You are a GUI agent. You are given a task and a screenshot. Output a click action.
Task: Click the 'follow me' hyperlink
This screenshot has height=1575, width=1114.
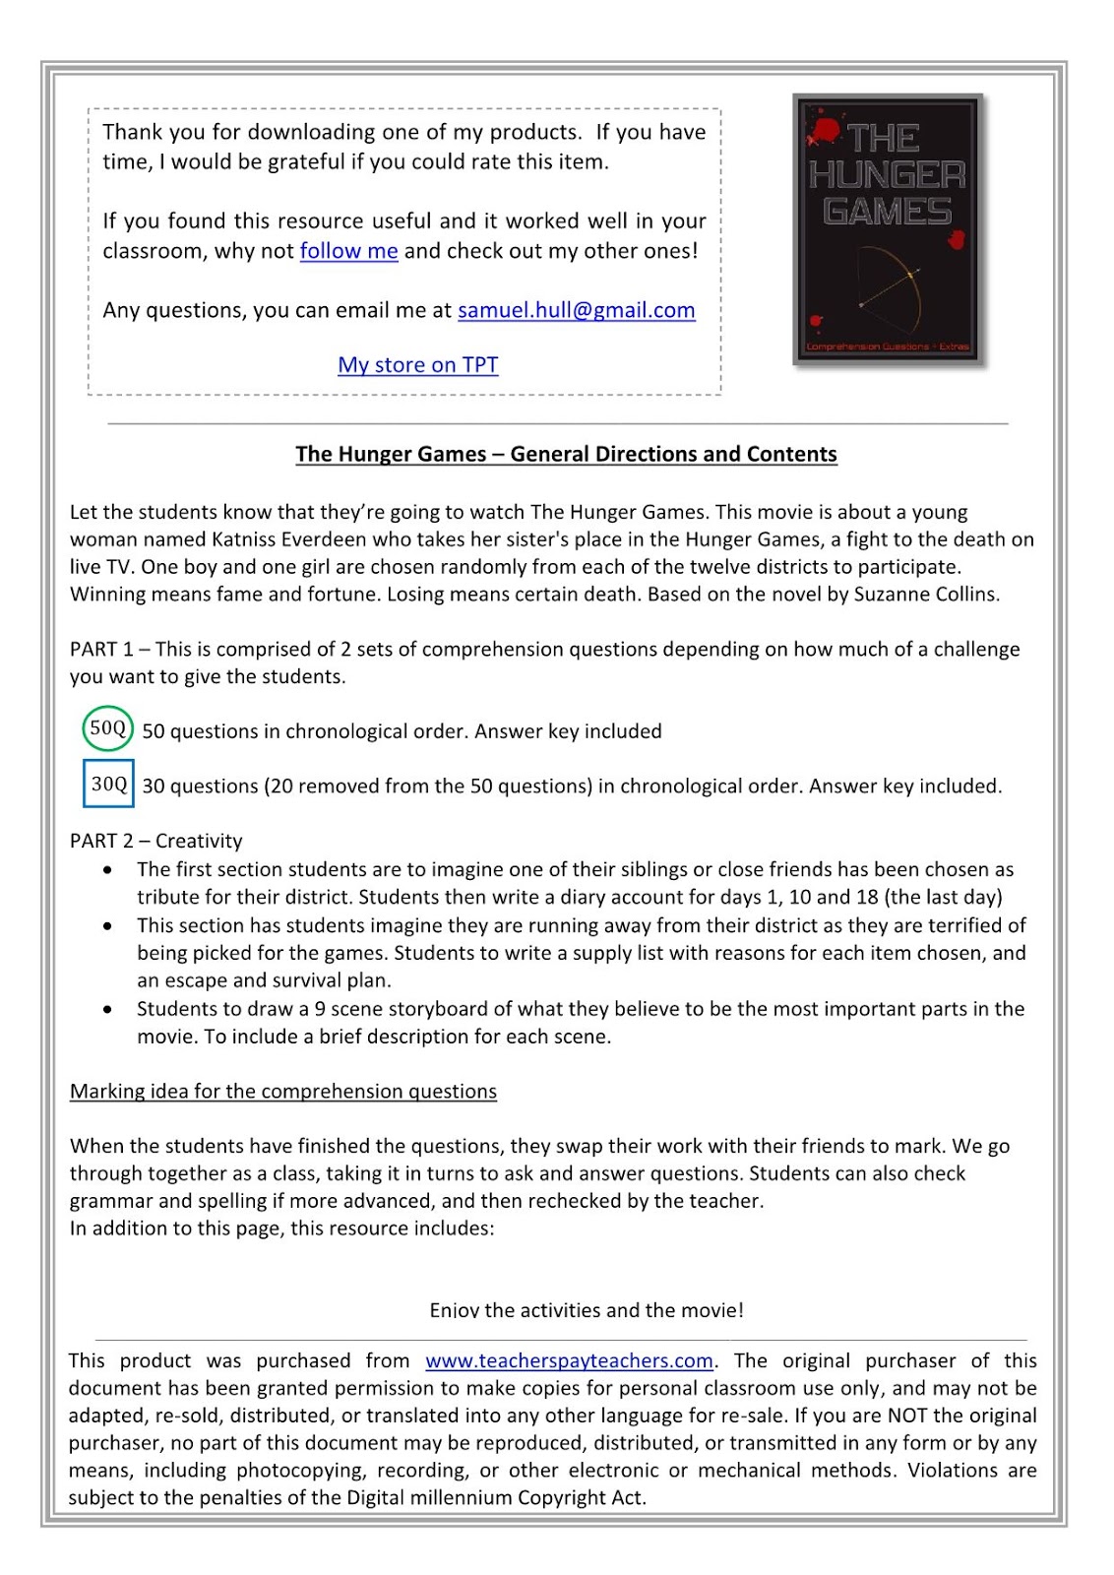click(348, 251)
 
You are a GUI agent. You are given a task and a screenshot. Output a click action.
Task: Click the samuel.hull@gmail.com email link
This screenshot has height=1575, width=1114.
click(576, 310)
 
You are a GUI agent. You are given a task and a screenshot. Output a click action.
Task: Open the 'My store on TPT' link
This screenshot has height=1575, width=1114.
click(417, 365)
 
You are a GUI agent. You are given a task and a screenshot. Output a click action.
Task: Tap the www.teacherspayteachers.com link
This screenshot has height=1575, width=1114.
click(569, 1360)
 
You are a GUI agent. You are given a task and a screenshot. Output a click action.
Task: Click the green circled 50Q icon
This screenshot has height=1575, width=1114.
click(107, 728)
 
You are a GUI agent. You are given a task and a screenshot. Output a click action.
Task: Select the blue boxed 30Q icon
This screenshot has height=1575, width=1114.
click(108, 784)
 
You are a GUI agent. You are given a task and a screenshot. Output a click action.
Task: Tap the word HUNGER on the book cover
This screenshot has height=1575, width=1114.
click(887, 176)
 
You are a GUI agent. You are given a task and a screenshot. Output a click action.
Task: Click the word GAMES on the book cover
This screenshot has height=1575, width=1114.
click(887, 212)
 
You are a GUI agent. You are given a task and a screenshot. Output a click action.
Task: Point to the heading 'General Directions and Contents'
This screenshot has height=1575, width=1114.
click(673, 454)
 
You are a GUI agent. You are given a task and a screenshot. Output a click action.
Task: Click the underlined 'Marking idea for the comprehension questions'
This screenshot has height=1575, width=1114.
click(282, 1091)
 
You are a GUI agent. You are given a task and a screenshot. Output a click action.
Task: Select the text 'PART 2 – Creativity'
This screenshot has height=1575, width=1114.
click(155, 841)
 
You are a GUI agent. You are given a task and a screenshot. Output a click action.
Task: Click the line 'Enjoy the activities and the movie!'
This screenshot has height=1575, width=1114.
click(587, 1310)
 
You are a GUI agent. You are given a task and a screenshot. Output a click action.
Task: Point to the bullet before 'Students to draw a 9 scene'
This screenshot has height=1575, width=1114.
click(107, 1009)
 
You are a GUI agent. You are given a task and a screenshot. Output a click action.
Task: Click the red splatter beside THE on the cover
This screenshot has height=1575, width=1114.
click(825, 130)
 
